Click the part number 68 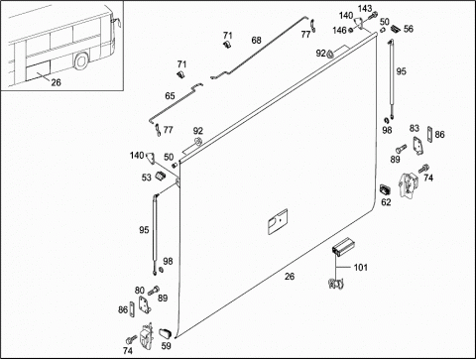click(x=256, y=41)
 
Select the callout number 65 click(x=170, y=96)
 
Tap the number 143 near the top click(x=365, y=8)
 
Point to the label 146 click(x=339, y=31)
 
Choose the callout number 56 click(x=409, y=29)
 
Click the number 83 click(x=415, y=128)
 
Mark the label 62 click(x=386, y=202)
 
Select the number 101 click(x=361, y=267)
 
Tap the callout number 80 click(x=140, y=291)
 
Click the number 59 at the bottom click(x=166, y=346)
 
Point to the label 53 click(x=147, y=178)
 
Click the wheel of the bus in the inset click(x=81, y=61)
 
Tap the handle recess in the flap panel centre click(x=278, y=221)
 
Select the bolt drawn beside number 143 click(x=372, y=16)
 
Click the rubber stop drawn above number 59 click(x=165, y=333)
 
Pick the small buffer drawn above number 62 click(x=385, y=189)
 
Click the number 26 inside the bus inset click(x=56, y=82)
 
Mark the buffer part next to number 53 click(x=161, y=176)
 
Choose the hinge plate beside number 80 click(x=144, y=304)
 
